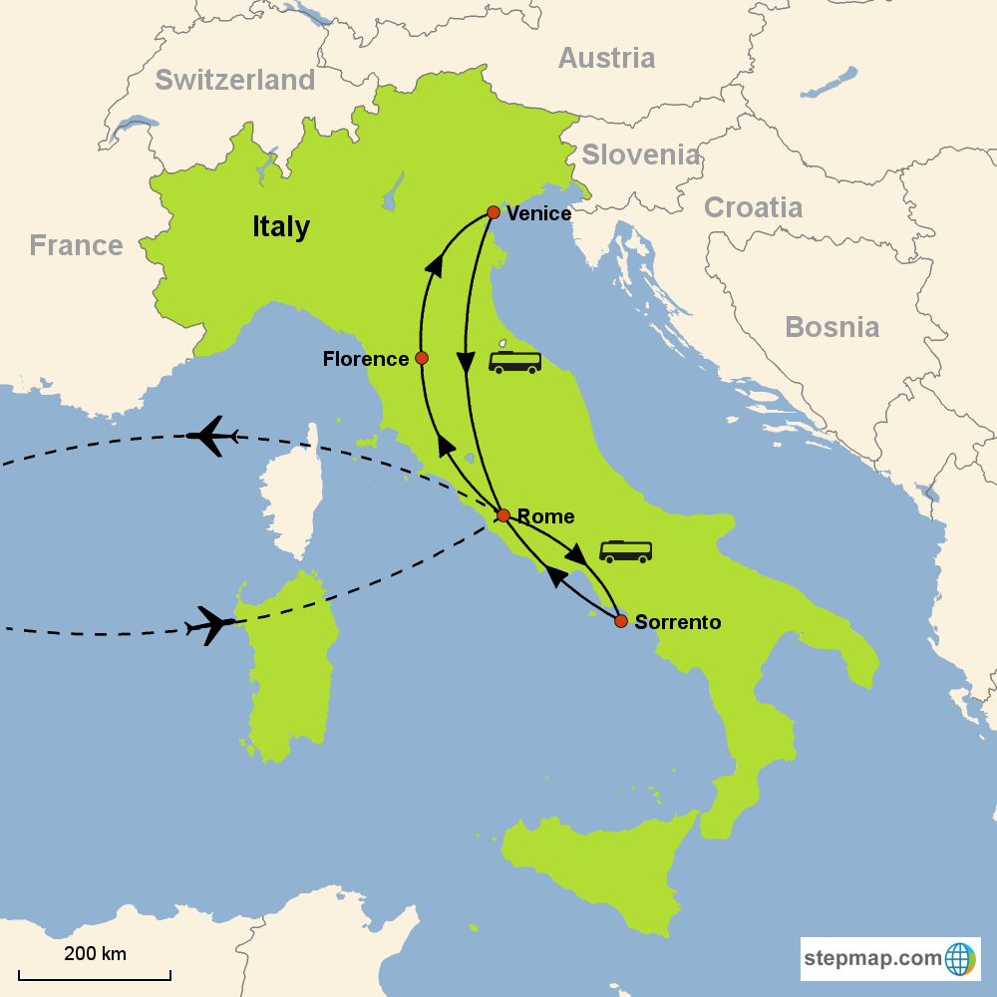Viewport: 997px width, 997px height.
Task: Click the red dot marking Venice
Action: (493, 212)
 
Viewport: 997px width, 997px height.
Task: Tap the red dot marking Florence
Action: (422, 358)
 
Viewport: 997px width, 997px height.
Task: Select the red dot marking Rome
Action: (503, 515)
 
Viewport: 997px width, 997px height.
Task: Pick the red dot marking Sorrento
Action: (621, 621)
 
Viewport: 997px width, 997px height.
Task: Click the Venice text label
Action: (538, 213)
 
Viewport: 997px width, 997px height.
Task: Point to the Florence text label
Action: (366, 359)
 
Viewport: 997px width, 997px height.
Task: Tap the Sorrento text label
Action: (677, 622)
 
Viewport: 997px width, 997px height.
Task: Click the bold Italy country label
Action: (281, 226)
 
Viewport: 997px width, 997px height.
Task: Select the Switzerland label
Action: (235, 79)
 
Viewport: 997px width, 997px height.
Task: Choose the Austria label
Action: (606, 58)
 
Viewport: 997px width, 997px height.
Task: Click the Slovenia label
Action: (641, 155)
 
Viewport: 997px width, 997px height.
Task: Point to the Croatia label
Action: (753, 207)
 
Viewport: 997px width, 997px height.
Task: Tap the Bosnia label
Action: (831, 327)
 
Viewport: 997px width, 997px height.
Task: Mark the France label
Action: (76, 245)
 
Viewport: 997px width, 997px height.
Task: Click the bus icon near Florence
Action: (514, 360)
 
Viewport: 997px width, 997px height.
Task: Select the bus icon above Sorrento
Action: (625, 551)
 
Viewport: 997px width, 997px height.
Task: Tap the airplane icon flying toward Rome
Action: (211, 625)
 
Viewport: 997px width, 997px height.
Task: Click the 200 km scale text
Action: (95, 953)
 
